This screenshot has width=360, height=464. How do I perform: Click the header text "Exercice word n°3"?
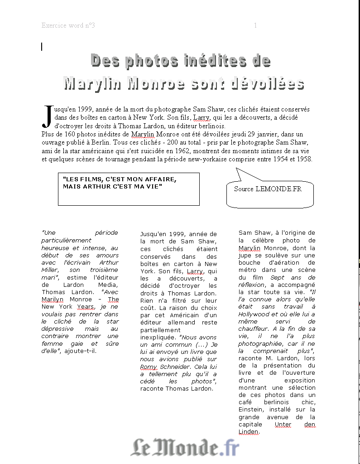[68, 25]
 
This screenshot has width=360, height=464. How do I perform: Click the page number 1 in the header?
[255, 25]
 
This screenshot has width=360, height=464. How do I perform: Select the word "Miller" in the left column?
[49, 270]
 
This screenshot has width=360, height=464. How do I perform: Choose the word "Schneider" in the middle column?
[177, 367]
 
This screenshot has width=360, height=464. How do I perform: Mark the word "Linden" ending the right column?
[249, 432]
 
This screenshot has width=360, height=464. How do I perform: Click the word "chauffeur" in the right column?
[253, 329]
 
